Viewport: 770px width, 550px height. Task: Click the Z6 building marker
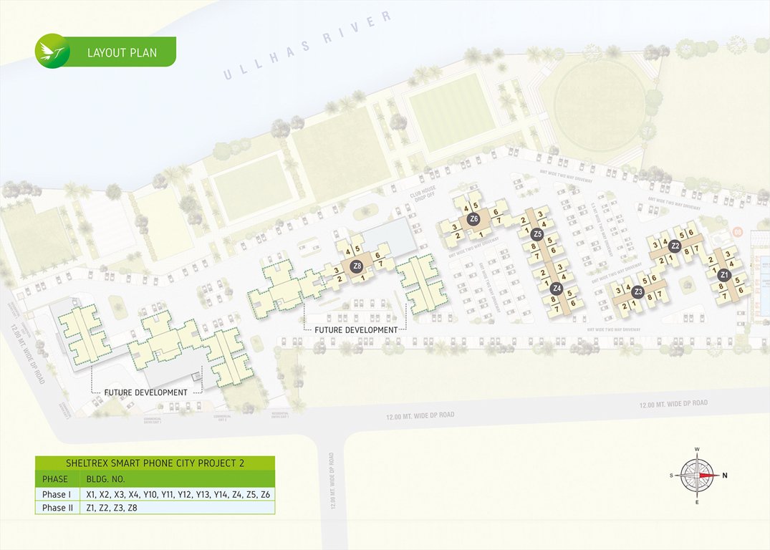tap(473, 218)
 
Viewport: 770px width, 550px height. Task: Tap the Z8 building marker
tap(357, 266)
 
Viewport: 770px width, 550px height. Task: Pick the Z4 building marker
tap(557, 289)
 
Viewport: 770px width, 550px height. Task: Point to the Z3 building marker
tap(638, 292)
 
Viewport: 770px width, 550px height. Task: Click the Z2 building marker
tap(675, 246)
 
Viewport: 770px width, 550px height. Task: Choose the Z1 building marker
tap(724, 275)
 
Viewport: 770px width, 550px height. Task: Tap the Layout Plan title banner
tap(122, 52)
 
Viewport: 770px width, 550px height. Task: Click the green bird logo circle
tap(52, 52)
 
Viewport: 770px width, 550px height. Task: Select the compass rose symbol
tap(698, 475)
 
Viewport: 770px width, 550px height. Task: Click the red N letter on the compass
tap(725, 475)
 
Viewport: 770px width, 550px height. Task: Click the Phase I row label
tap(56, 494)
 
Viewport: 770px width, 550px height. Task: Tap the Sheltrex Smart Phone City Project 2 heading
tap(155, 463)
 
